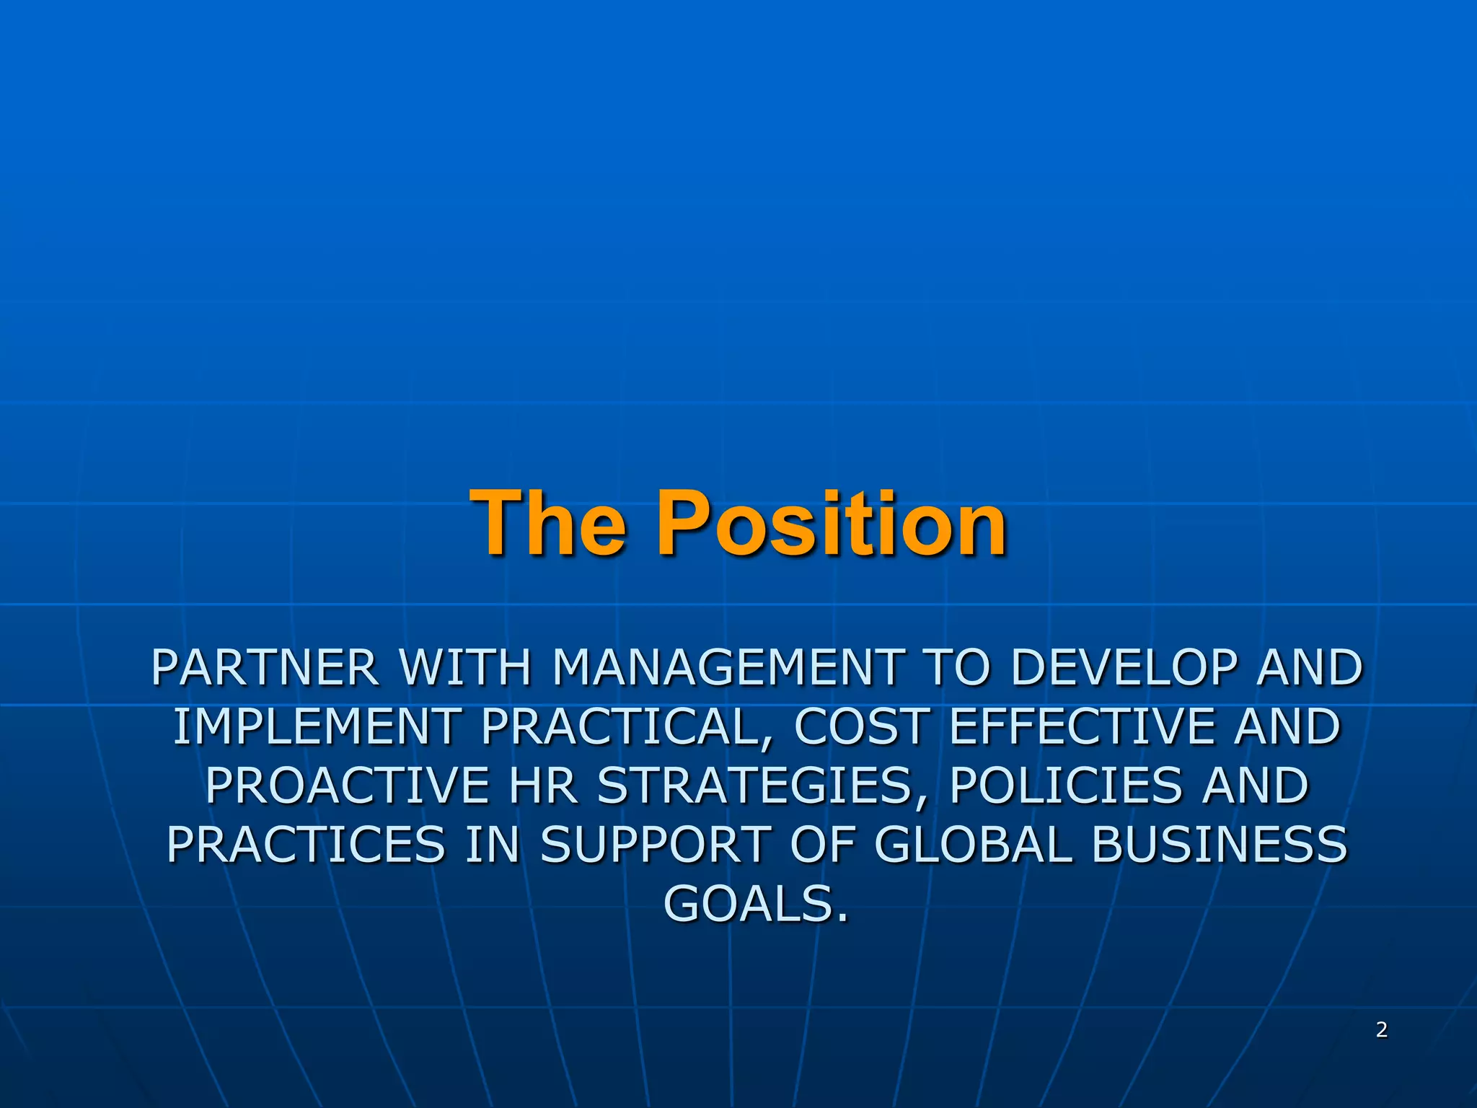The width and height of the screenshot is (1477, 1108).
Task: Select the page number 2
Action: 1381,1029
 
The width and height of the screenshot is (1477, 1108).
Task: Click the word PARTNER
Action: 265,667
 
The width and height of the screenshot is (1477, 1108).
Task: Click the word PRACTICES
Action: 306,845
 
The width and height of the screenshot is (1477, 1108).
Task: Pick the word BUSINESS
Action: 1219,845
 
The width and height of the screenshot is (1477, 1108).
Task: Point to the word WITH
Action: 465,667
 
